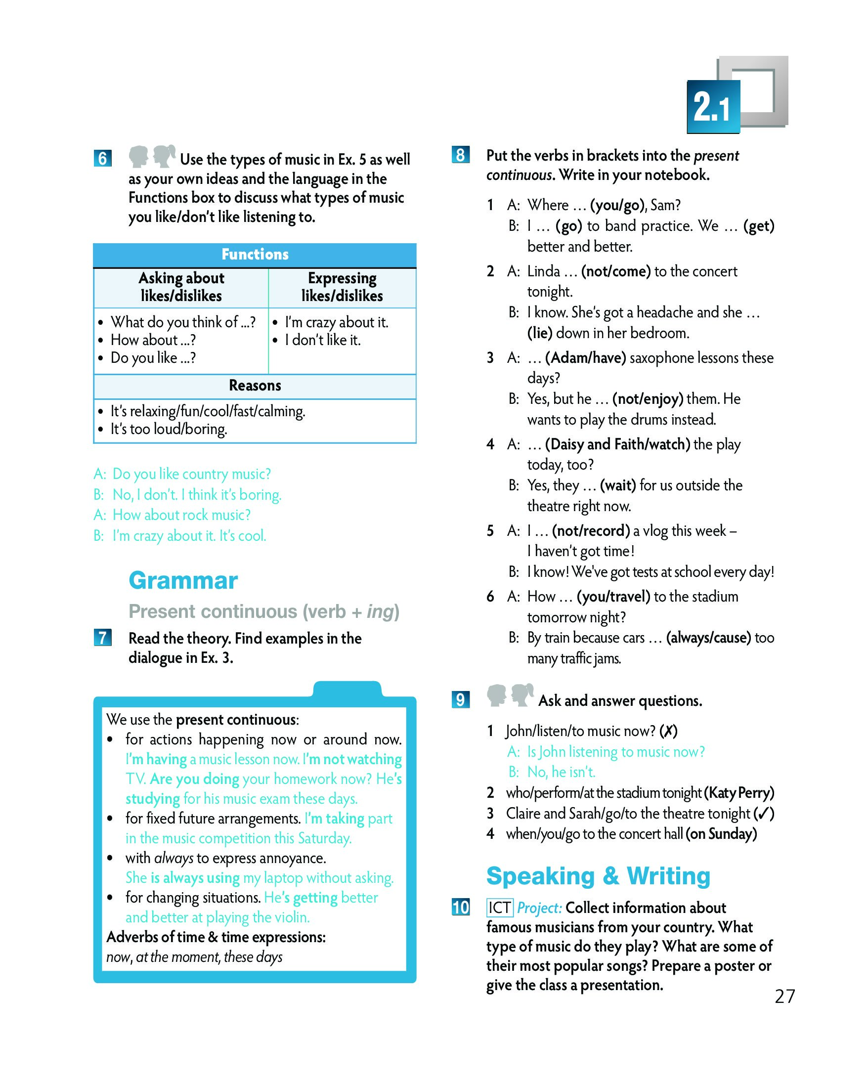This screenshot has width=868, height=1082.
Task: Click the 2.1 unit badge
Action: click(712, 106)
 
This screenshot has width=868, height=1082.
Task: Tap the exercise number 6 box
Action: click(102, 159)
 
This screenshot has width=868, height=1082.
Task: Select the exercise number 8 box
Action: click(460, 155)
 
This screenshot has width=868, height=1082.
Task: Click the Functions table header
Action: click(255, 255)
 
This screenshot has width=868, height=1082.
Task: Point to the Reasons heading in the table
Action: click(255, 386)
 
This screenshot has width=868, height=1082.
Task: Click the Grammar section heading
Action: click(183, 581)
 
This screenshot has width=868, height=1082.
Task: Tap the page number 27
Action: click(784, 996)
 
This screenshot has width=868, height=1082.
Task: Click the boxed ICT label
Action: click(499, 908)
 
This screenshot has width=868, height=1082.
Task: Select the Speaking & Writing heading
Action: click(598, 876)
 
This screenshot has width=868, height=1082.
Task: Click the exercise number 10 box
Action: click(460, 908)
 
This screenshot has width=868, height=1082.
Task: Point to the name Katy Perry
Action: click(739, 793)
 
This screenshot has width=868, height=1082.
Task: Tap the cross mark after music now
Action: click(668, 731)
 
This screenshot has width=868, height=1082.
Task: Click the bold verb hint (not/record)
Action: click(591, 530)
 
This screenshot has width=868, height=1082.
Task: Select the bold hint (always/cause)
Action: click(708, 637)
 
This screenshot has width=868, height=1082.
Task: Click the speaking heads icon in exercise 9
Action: click(510, 695)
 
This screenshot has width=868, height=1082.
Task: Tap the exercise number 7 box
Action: click(102, 638)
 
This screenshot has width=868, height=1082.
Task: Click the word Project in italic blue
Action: click(539, 908)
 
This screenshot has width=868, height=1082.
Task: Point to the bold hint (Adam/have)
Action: click(586, 358)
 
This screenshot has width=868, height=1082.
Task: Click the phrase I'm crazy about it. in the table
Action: click(337, 322)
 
